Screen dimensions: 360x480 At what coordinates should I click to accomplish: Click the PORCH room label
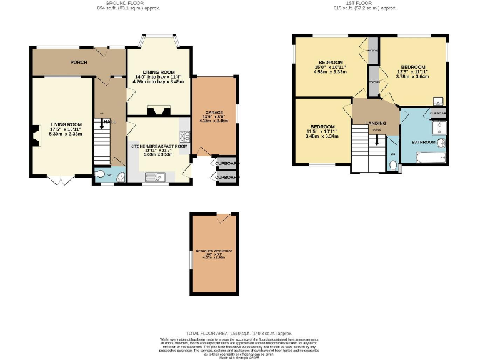[79, 62]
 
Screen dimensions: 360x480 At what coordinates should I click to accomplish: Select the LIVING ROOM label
[66, 124]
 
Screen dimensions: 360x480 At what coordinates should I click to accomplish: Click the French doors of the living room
[58, 181]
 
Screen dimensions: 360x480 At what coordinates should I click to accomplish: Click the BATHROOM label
[423, 142]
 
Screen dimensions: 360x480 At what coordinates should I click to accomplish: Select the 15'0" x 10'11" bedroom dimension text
[331, 67]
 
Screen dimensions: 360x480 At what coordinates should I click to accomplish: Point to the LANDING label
[376, 123]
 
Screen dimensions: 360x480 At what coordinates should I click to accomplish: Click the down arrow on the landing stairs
[377, 141]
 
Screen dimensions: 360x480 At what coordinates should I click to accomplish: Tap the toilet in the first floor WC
[392, 164]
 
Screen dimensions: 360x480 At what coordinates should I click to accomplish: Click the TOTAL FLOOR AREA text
[239, 334]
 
